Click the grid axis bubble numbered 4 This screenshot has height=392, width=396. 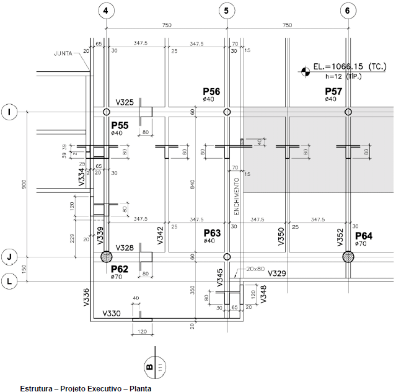[107, 10]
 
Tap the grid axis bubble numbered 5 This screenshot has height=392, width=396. [227, 10]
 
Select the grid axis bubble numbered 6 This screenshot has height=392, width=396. [347, 10]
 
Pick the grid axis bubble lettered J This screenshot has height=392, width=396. [10, 256]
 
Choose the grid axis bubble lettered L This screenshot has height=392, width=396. [10, 280]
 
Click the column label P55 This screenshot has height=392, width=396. [120, 125]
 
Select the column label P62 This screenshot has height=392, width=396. [120, 269]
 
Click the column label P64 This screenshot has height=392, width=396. [364, 236]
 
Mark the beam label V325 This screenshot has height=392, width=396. [125, 102]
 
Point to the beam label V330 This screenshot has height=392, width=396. [112, 314]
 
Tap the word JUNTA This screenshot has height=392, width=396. [63, 53]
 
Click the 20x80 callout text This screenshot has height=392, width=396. [255, 269]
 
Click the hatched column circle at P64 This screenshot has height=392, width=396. [347, 256]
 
